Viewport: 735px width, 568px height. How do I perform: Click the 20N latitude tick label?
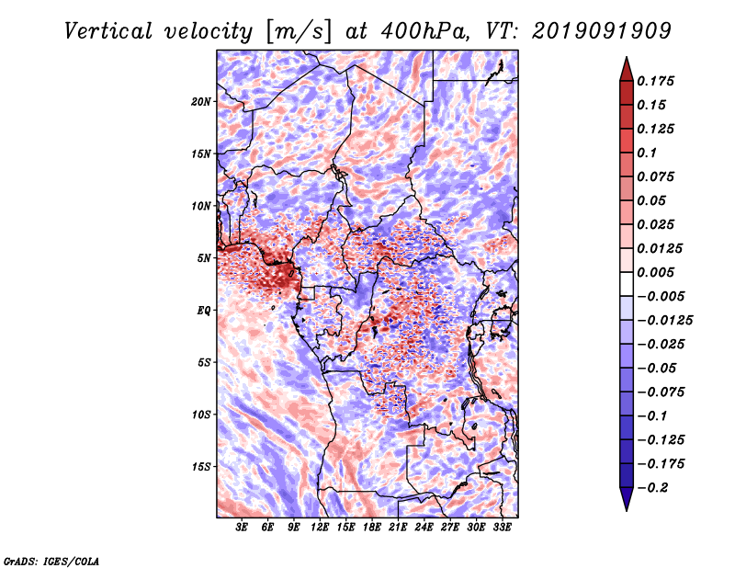pyautogui.click(x=201, y=102)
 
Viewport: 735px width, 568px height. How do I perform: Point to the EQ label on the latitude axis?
pyautogui.click(x=203, y=311)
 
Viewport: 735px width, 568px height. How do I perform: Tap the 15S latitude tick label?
pyautogui.click(x=201, y=467)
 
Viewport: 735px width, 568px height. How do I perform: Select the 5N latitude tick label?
pyautogui.click(x=204, y=258)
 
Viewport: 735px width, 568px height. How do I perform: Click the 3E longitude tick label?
pyautogui.click(x=242, y=528)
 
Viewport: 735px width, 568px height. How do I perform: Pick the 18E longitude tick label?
pyautogui.click(x=372, y=528)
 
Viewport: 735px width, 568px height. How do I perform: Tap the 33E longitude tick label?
pyautogui.click(x=502, y=528)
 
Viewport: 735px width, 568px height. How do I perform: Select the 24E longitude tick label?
pyautogui.click(x=424, y=528)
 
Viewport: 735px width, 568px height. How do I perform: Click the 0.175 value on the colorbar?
pyautogui.click(x=655, y=81)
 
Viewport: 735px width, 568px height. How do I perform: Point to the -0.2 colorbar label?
pyautogui.click(x=652, y=488)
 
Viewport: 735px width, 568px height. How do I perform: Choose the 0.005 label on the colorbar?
pyautogui.click(x=655, y=272)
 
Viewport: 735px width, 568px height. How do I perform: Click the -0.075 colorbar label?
pyautogui.click(x=661, y=392)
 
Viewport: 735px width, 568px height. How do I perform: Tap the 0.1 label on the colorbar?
pyautogui.click(x=647, y=153)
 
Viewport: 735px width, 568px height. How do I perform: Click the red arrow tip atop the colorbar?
pyautogui.click(x=627, y=57)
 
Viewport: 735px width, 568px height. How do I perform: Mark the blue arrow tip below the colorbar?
pyautogui.click(x=627, y=510)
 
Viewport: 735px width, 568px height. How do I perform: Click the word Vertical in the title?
pyautogui.click(x=107, y=31)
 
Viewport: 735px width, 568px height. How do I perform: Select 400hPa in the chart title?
pyautogui.click(x=425, y=31)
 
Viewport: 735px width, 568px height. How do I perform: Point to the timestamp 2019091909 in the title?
pyautogui.click(x=602, y=31)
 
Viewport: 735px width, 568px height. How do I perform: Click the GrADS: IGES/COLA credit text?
pyautogui.click(x=51, y=562)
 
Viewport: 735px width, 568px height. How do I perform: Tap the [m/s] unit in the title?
pyautogui.click(x=299, y=32)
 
